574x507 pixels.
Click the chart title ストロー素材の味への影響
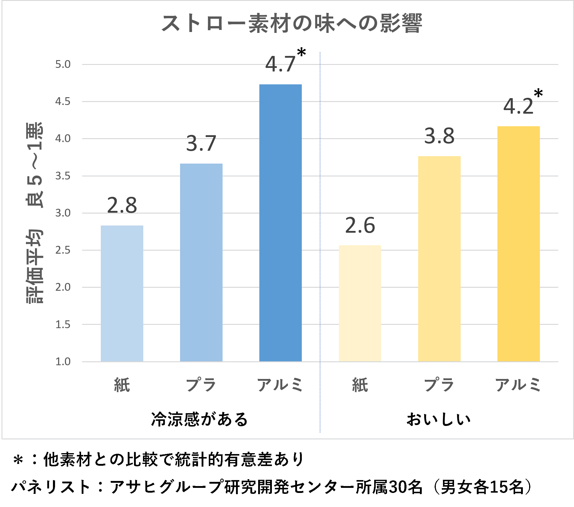pyautogui.click(x=292, y=23)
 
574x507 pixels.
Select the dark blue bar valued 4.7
pyautogui.click(x=280, y=223)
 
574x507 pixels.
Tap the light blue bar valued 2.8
pyautogui.click(x=122, y=293)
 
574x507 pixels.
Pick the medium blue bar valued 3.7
pyautogui.click(x=201, y=262)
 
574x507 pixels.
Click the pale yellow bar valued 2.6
pyautogui.click(x=360, y=303)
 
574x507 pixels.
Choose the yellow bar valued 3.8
pyautogui.click(x=439, y=259)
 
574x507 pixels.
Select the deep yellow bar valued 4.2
pyautogui.click(x=518, y=244)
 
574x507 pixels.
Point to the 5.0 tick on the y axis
pyautogui.click(x=63, y=64)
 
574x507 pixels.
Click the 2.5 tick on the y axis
pyautogui.click(x=63, y=250)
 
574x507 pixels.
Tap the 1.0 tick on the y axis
pyautogui.click(x=63, y=361)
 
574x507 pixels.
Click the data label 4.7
pyautogui.click(x=280, y=64)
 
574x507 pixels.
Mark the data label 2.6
pyautogui.click(x=360, y=226)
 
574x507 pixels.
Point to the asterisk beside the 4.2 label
pyautogui.click(x=538, y=94)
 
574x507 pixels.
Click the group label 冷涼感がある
pyautogui.click(x=200, y=419)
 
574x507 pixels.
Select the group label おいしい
pyautogui.click(x=439, y=419)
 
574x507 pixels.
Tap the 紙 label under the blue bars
pyautogui.click(x=122, y=385)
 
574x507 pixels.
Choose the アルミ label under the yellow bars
pyautogui.click(x=518, y=385)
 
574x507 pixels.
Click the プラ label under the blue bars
pyautogui.click(x=201, y=385)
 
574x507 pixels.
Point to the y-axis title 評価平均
pyautogui.click(x=35, y=266)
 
